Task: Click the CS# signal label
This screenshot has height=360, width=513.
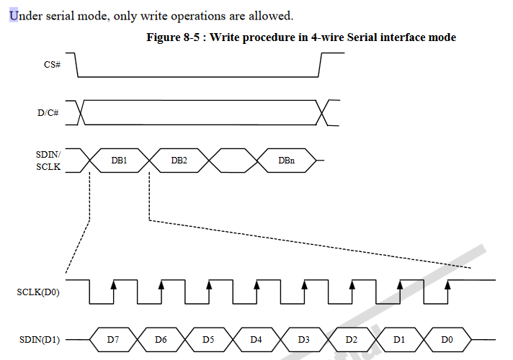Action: coord(52,65)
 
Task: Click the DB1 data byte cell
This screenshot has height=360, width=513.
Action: coord(119,160)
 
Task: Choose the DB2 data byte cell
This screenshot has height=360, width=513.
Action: coord(179,160)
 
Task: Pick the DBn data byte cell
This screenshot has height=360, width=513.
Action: coord(286,160)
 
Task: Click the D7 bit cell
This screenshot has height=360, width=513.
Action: coord(112,338)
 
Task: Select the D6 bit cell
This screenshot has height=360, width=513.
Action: coord(161,338)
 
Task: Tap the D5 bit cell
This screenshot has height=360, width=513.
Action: coord(208,338)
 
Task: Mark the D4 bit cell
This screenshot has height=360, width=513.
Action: coord(256,338)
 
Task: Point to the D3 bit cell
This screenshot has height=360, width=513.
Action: coord(303,338)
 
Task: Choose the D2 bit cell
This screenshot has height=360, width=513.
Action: coord(351,338)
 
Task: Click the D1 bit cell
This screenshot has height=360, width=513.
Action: coord(398,338)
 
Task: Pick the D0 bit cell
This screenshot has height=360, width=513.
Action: coord(446,338)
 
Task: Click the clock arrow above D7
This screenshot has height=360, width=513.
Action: coord(113,286)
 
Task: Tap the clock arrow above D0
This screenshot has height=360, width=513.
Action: coord(447,286)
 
